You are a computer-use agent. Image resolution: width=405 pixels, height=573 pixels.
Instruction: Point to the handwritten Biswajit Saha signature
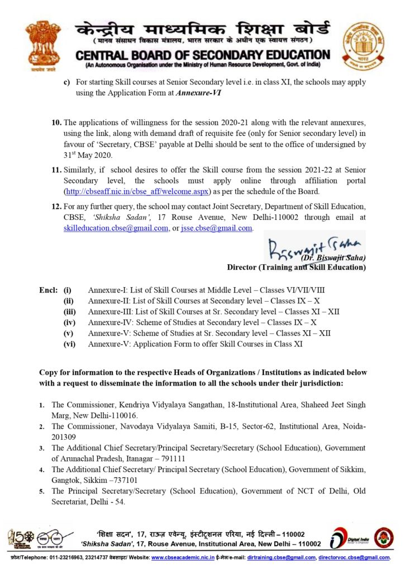coord(315,246)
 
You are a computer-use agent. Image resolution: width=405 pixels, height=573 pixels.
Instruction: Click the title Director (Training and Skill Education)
coord(296,267)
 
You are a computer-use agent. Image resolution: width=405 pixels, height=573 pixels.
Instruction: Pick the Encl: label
coord(48,290)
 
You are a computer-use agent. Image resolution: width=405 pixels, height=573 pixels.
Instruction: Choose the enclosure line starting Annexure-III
coord(213,312)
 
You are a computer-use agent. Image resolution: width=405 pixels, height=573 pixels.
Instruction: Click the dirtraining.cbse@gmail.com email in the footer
coord(281,558)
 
